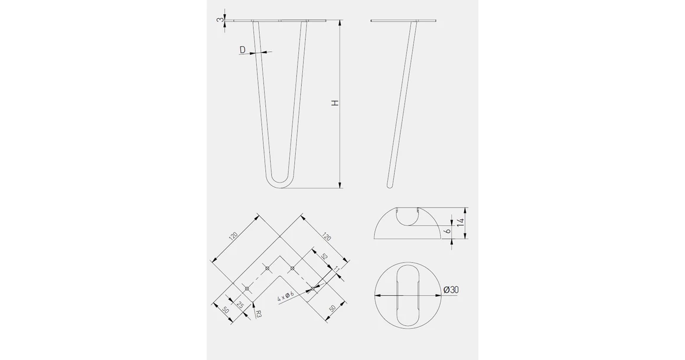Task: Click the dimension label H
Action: click(x=335, y=103)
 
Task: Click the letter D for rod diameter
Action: click(x=243, y=51)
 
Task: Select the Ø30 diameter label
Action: click(x=451, y=289)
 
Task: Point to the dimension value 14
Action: click(x=460, y=223)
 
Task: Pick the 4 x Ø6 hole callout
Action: click(x=286, y=296)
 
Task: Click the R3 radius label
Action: click(x=259, y=315)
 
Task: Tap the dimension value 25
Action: click(x=240, y=305)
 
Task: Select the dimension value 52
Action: click(x=324, y=257)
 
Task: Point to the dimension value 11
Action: click(x=337, y=270)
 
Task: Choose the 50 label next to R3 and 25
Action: click(x=226, y=310)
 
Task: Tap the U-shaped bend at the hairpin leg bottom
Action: click(x=280, y=184)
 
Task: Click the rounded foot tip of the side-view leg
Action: click(x=389, y=185)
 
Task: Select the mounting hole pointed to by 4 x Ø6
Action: click(x=313, y=289)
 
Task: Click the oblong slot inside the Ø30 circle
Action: click(x=407, y=294)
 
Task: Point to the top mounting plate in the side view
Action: click(x=404, y=22)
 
